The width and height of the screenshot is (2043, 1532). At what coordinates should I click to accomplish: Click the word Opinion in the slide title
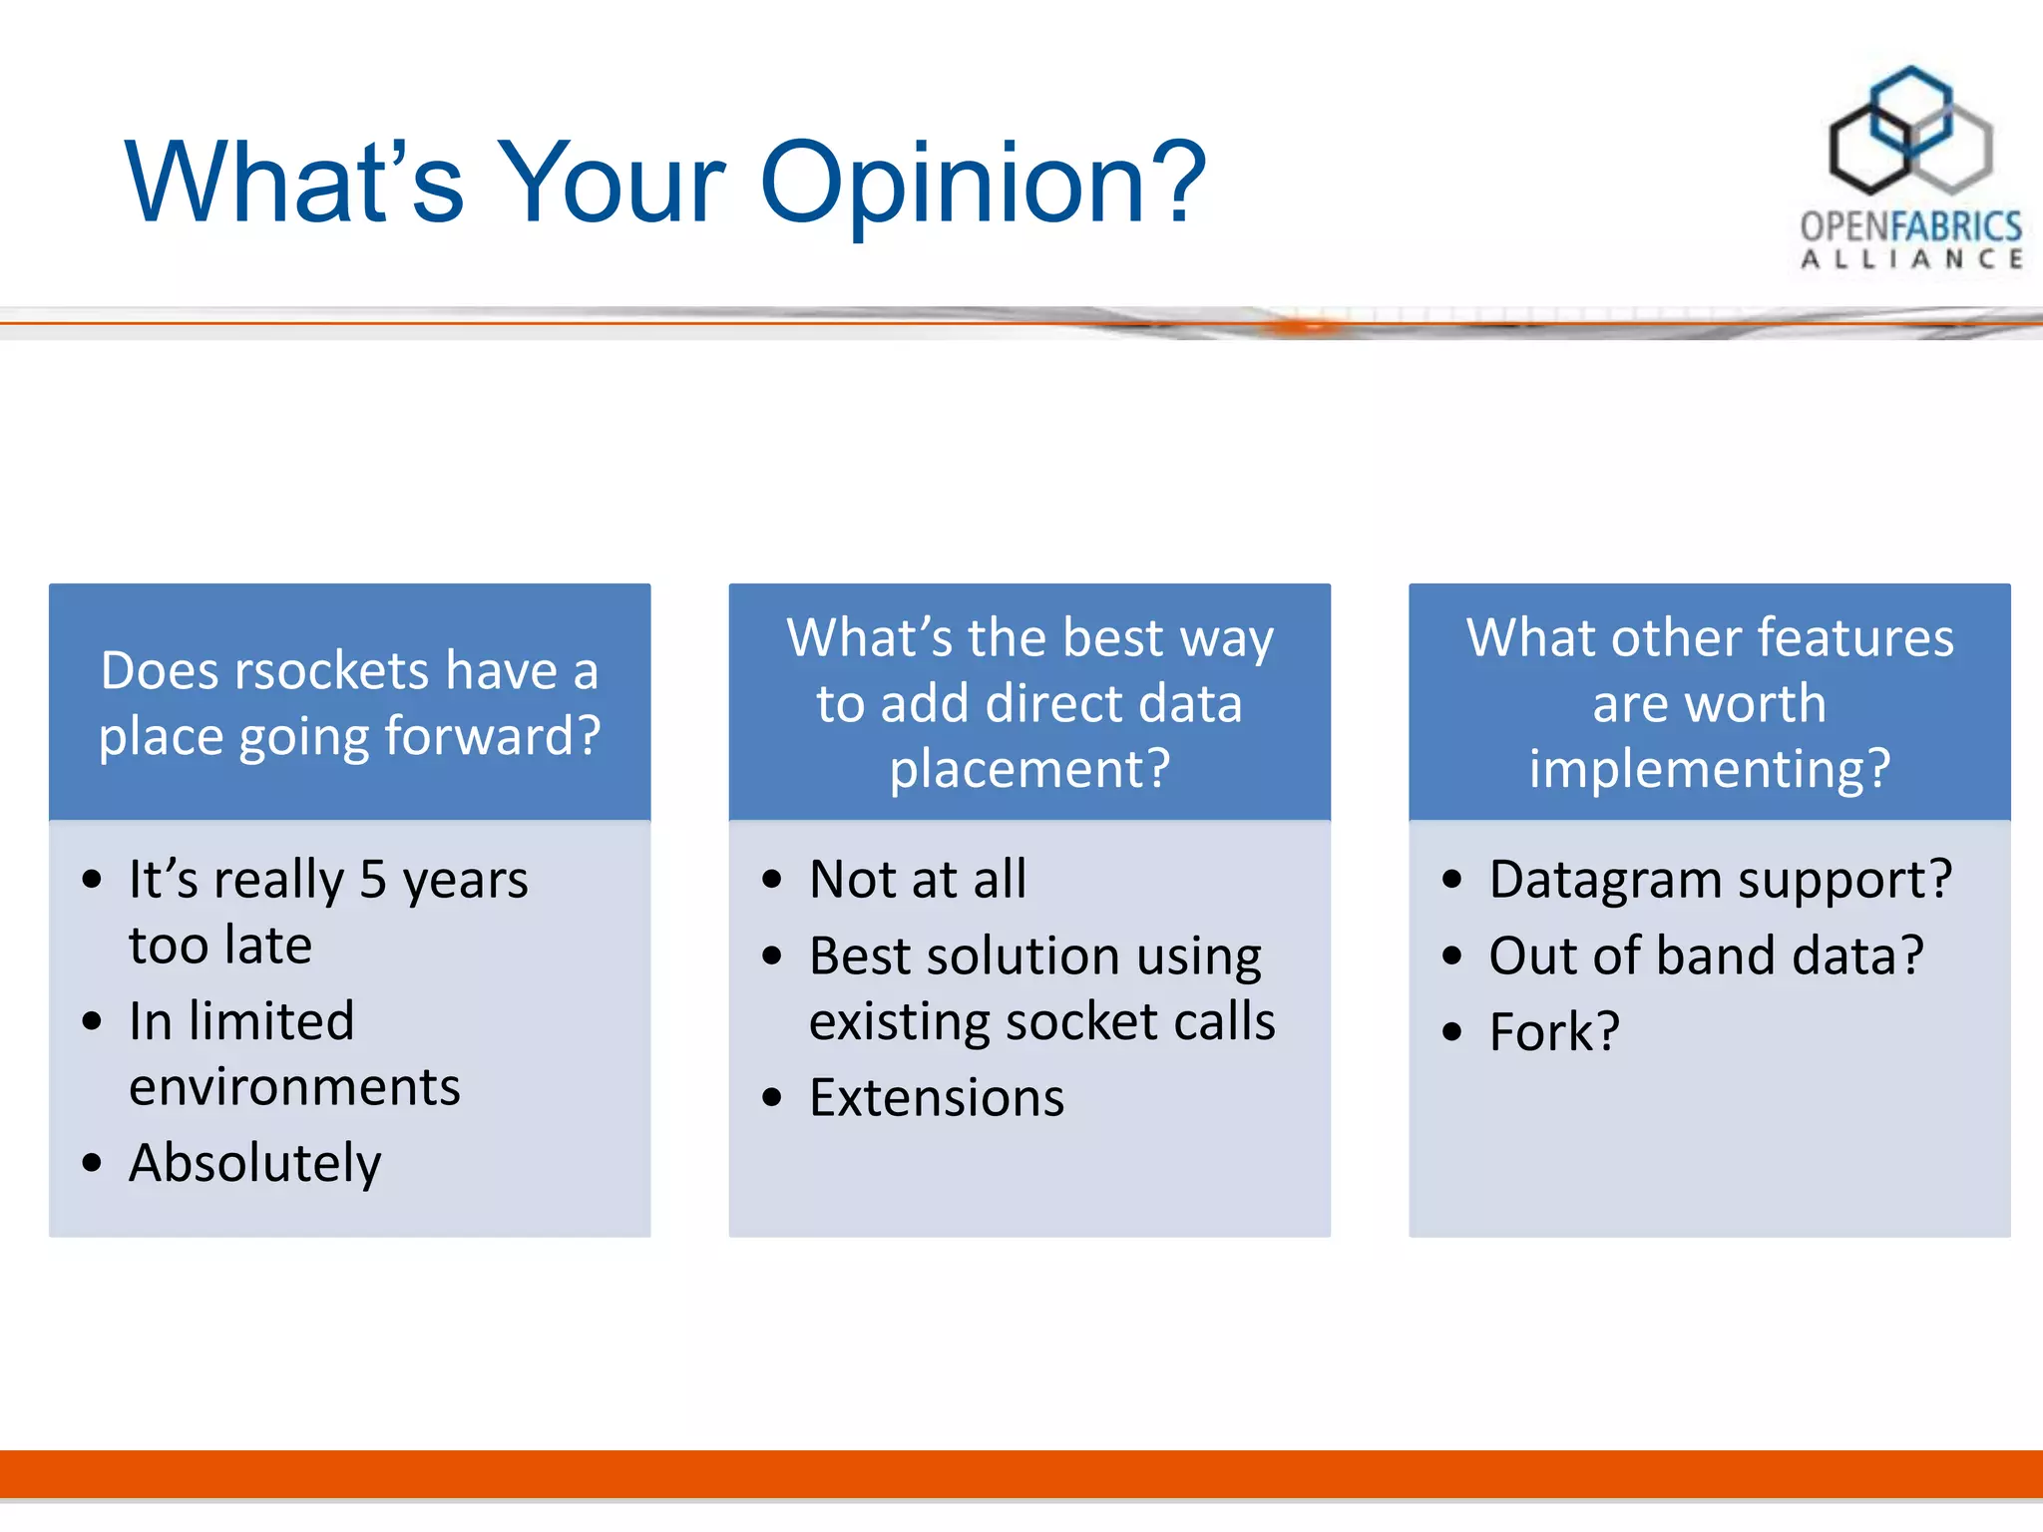click(983, 185)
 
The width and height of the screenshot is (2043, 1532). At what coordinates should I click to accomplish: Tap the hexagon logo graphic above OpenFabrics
click(1910, 131)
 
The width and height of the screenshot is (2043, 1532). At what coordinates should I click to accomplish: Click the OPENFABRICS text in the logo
click(1911, 226)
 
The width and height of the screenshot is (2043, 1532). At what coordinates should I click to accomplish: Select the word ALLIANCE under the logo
click(1911, 259)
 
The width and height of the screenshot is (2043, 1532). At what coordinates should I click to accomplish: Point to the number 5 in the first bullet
click(372, 880)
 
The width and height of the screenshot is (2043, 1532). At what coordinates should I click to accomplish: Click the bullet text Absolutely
click(255, 1164)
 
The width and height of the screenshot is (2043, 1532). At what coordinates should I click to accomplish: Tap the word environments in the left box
click(295, 1087)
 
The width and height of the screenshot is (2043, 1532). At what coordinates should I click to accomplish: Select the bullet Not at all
click(918, 880)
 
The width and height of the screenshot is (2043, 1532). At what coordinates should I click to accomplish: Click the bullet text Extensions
click(937, 1098)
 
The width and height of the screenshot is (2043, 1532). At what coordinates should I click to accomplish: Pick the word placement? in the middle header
click(1030, 770)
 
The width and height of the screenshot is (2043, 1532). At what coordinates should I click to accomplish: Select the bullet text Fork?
click(1554, 1031)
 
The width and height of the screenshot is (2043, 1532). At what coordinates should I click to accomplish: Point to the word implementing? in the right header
click(1710, 770)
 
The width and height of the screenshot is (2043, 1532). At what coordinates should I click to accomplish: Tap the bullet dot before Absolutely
click(93, 1163)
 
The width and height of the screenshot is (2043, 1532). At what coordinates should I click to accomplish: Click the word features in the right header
click(1854, 638)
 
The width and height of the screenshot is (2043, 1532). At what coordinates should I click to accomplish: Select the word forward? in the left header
click(493, 738)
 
